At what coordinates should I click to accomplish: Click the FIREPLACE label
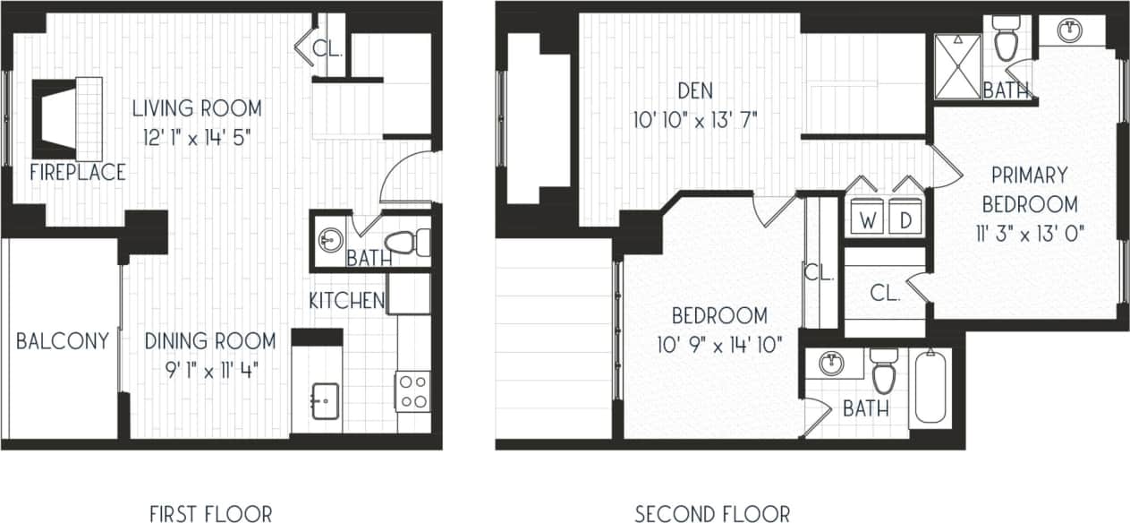pos(77,173)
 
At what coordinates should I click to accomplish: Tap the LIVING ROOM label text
pos(197,109)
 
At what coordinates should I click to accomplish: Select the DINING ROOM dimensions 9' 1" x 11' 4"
pos(209,369)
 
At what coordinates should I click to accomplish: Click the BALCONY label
pos(63,341)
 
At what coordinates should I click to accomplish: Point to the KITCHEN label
pos(347,301)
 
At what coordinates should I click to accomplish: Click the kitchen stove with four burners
pos(412,390)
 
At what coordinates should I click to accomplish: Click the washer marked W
pos(866,219)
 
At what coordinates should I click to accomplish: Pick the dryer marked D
pos(905,219)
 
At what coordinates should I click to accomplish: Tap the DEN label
pos(694,90)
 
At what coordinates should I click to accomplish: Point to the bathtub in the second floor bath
pos(930,387)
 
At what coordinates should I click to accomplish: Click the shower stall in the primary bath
pos(957,65)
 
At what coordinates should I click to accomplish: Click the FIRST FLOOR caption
pos(211,513)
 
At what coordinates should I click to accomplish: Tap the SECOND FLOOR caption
pos(712,513)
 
